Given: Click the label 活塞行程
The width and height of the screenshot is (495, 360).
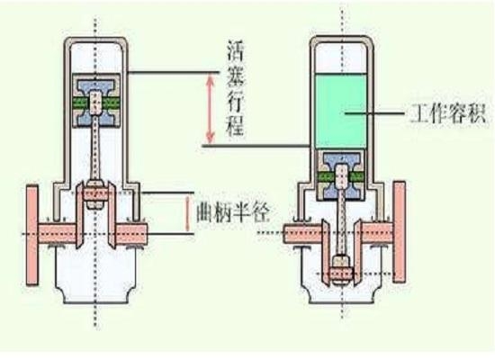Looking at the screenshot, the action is pyautogui.click(x=236, y=89).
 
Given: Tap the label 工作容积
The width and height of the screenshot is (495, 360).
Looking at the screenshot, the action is pyautogui.click(x=447, y=113).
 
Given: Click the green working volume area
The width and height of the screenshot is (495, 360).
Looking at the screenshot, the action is pyautogui.click(x=341, y=112).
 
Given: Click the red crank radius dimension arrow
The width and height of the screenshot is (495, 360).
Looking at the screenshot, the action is pyautogui.click(x=187, y=213).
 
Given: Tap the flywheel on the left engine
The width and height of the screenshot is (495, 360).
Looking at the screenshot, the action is pyautogui.click(x=32, y=235).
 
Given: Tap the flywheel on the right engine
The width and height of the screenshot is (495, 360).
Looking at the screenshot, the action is pyautogui.click(x=400, y=232).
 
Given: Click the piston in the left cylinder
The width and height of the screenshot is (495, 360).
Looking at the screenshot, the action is pyautogui.click(x=96, y=101).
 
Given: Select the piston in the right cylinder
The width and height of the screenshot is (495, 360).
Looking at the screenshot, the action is pyautogui.click(x=341, y=175).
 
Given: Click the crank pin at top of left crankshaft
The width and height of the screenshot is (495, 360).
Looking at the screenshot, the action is pyautogui.click(x=96, y=193).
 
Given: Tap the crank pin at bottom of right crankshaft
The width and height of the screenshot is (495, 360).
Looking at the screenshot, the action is pyautogui.click(x=341, y=273).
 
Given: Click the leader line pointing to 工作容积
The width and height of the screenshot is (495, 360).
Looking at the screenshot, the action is pyautogui.click(x=374, y=112).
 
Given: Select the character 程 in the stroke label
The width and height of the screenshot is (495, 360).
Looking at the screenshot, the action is pyautogui.click(x=236, y=127).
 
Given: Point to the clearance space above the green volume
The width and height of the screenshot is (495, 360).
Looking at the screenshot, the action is pyautogui.click(x=341, y=58).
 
